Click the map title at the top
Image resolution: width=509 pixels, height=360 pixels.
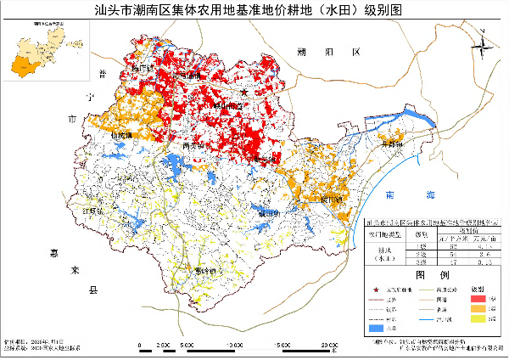coord(255,11)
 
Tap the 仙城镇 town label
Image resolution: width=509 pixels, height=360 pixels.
coord(125,133)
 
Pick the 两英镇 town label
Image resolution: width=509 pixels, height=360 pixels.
coord(193,145)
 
